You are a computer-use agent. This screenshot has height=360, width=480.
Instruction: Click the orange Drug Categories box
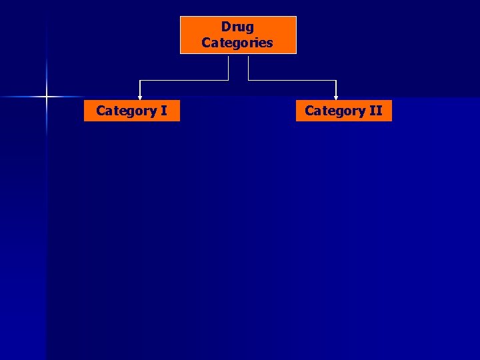pyautogui.click(x=238, y=35)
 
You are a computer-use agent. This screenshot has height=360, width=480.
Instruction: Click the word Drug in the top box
pyautogui.click(x=237, y=27)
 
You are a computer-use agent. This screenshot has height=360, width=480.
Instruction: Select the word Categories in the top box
pyautogui.click(x=237, y=43)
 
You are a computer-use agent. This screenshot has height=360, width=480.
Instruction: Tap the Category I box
pyautogui.click(x=131, y=111)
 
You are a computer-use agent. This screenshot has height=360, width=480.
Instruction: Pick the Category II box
pyautogui.click(x=343, y=111)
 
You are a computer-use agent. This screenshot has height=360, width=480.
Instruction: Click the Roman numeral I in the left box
pyautogui.click(x=163, y=111)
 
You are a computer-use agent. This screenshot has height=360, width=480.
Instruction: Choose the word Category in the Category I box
pyautogui.click(x=126, y=111)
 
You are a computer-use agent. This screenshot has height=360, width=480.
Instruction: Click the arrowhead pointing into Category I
pyautogui.click(x=140, y=97)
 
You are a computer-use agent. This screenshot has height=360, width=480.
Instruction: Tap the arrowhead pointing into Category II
pyautogui.click(x=336, y=97)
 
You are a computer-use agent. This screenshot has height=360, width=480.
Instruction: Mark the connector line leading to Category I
pyautogui.click(x=184, y=81)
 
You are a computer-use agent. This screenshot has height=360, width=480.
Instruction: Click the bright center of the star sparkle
pyautogui.click(x=47, y=97)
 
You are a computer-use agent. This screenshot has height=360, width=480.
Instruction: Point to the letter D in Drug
pyautogui.click(x=225, y=27)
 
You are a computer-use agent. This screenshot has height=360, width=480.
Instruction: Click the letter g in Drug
pyautogui.click(x=249, y=28)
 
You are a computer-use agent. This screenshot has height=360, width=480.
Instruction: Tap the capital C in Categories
pyautogui.click(x=206, y=43)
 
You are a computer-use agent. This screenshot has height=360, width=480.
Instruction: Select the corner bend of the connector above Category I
pyautogui.click(x=140, y=81)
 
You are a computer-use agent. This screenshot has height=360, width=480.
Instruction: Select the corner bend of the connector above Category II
pyautogui.click(x=336, y=81)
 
